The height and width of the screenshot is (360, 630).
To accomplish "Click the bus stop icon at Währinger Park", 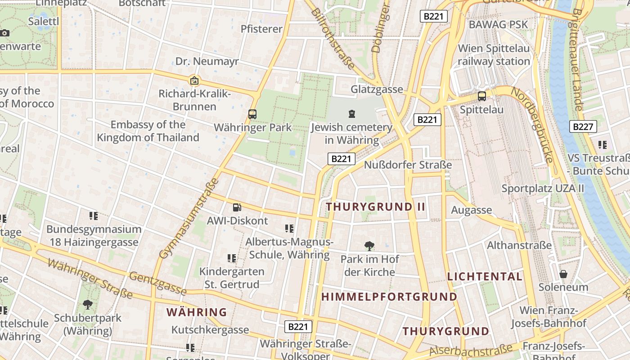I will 252,114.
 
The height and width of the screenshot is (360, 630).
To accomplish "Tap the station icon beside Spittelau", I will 481,96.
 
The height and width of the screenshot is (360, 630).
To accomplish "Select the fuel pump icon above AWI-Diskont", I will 237,207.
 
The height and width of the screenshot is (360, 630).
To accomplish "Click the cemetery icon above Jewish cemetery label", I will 351,114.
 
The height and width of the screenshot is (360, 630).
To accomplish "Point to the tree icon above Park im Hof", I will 369,246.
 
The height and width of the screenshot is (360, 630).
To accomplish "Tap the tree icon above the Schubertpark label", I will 88,305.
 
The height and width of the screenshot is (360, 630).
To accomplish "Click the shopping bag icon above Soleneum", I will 563,274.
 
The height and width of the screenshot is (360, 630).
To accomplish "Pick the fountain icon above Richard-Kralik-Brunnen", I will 194,81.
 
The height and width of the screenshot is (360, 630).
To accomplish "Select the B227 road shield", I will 583,127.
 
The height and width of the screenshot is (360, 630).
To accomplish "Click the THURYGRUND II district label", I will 376,207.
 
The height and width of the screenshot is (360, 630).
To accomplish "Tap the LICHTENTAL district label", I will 485,276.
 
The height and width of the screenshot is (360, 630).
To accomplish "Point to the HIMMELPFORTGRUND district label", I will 389,297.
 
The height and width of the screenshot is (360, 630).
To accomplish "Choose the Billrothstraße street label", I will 333,38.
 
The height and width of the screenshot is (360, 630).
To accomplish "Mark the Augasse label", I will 471,210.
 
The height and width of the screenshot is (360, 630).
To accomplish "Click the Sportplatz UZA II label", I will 543,188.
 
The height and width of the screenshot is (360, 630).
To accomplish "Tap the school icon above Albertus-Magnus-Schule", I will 289,229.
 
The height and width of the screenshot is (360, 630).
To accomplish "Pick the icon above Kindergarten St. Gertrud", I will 232,258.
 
